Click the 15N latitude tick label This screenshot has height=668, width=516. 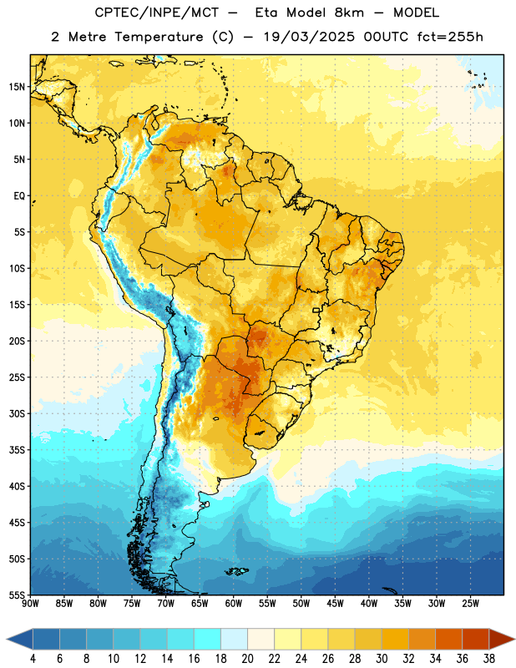pos(17,87)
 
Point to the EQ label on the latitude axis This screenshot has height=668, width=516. pos(19,196)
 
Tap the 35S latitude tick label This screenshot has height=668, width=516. pos(17,450)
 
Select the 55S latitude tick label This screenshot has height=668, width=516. pos(17,595)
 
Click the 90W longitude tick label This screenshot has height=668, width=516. pos(31,603)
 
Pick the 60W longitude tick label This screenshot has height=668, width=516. pos(234,603)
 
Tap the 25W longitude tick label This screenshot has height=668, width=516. pos(470,603)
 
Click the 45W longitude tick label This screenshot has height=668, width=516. pos(335,603)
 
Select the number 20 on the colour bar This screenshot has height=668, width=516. pos(247,659)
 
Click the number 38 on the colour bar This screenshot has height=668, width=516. pos(489,659)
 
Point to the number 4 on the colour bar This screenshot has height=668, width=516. pos(33,659)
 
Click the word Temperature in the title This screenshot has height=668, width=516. pos(159,37)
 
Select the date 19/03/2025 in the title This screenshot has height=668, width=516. pos(309,37)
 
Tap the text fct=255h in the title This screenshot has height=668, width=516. pos(450,37)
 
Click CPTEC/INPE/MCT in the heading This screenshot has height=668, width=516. pos(157,13)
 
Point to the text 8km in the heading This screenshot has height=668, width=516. pos(349,13)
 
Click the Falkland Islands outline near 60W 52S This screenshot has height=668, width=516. pos(237,571)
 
